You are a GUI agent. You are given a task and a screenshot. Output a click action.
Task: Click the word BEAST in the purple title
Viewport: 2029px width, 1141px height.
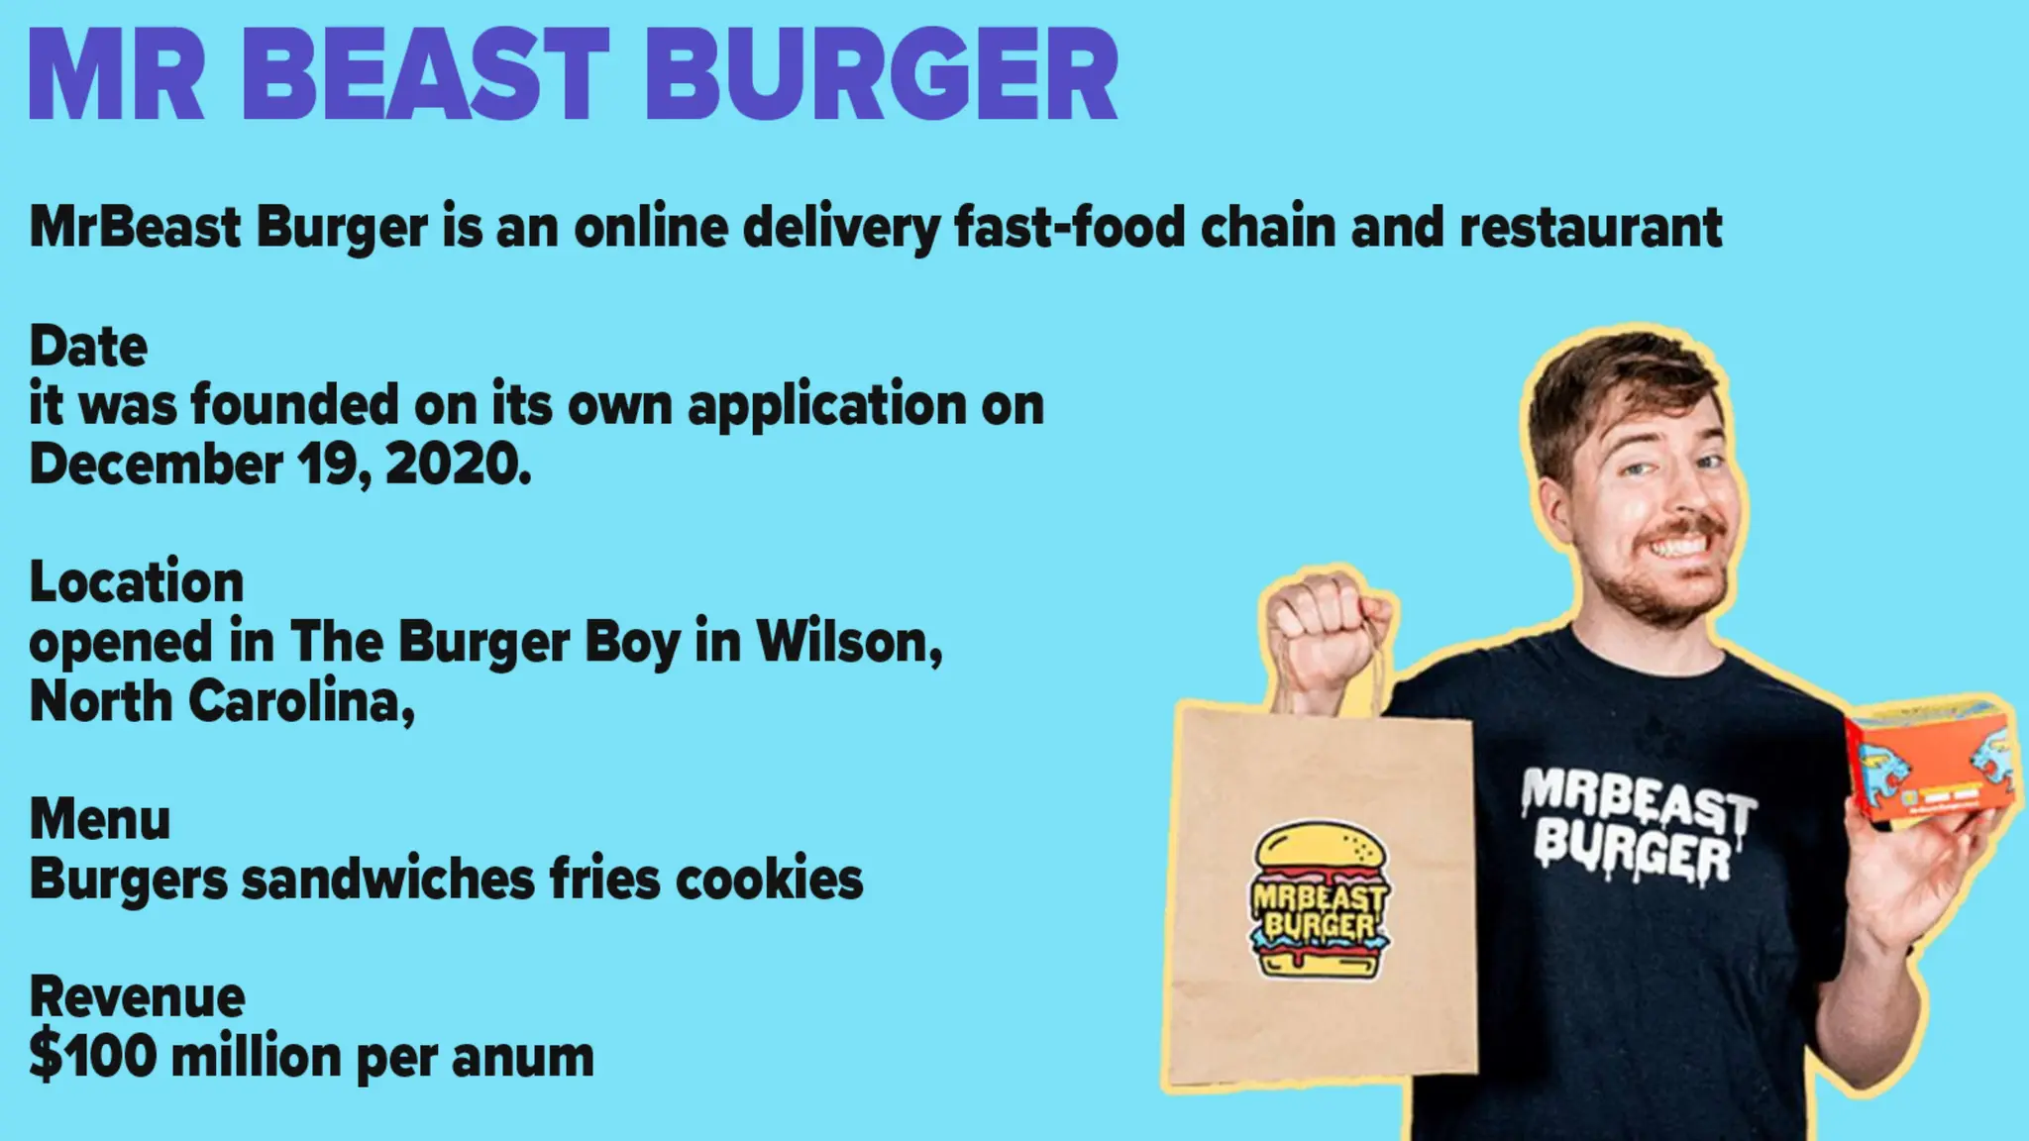(426, 74)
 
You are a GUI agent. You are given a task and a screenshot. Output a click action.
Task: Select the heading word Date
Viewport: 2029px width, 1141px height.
(88, 347)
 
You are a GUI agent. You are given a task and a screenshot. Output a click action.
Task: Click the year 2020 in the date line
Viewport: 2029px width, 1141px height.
(457, 464)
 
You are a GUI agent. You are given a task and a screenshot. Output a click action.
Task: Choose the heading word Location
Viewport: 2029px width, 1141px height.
(137, 581)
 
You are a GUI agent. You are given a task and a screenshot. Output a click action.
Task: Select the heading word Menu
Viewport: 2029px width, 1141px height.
(100, 819)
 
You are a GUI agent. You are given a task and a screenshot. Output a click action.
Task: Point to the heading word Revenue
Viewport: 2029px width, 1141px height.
(137, 996)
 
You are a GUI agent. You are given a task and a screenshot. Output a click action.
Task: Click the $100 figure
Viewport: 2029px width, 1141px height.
(93, 1056)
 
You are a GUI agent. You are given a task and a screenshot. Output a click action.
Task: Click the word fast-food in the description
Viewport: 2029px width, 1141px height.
(1070, 227)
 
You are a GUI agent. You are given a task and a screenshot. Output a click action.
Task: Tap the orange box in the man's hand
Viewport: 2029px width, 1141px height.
(1932, 759)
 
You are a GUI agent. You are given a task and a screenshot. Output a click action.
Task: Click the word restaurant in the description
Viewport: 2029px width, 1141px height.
(1590, 227)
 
